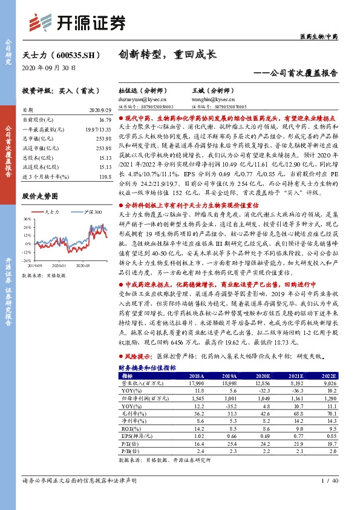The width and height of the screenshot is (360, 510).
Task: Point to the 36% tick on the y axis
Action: click(x=27, y=219)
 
